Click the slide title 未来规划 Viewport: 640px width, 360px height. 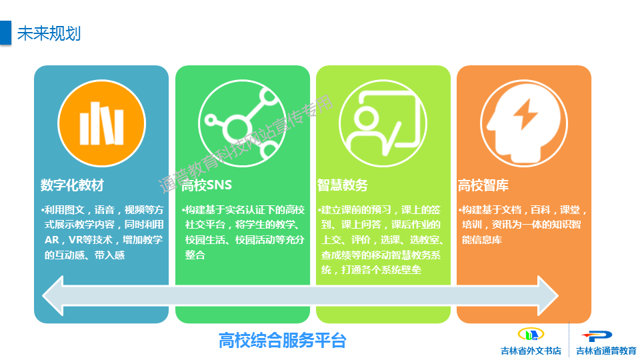tap(49, 33)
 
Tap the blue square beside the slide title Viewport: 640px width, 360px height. tap(5, 32)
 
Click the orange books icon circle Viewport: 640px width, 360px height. tap(101, 123)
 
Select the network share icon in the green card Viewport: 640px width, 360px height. tap(243, 123)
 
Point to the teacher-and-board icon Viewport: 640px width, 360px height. tap(383, 123)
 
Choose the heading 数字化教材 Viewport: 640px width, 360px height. tap(72, 185)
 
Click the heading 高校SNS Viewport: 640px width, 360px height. tap(207, 185)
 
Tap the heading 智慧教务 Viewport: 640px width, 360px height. tap(343, 185)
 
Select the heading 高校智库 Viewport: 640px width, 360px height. tap(483, 185)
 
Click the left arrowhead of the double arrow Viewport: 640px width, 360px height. tap(53, 295)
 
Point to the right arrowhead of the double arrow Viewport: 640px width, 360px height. tap(548, 295)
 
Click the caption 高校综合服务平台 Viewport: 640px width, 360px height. tap(283, 340)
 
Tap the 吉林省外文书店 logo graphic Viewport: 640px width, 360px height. tap(531, 335)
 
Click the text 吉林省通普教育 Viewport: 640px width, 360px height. tap(606, 351)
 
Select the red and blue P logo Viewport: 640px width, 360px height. tap(597, 336)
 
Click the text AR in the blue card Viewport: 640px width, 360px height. tap(52, 240)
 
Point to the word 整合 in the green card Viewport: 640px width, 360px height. tap(195, 255)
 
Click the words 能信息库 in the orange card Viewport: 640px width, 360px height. tap(481, 240)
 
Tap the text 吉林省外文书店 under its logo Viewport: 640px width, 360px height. tap(531, 351)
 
